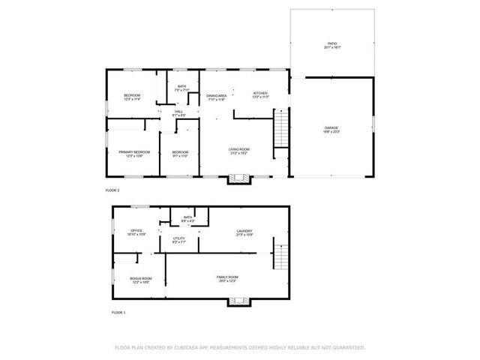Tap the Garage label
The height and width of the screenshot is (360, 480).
[x=331, y=128]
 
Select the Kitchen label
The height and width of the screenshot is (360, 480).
[x=259, y=93]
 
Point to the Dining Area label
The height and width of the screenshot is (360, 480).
[x=217, y=96]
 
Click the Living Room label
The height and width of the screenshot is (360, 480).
[x=238, y=149]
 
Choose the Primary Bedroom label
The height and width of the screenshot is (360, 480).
[x=134, y=152]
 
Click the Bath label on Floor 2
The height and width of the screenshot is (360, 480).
[x=181, y=87]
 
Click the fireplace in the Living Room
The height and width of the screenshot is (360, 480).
[x=239, y=178]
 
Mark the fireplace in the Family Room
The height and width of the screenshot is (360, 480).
[x=239, y=301]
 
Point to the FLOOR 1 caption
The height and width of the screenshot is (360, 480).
[x=119, y=312]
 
